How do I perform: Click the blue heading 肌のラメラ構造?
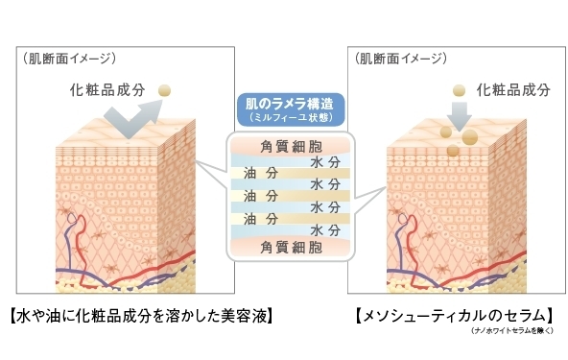point(283,104)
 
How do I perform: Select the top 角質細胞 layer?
point(284,146)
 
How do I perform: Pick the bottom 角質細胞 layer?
point(284,246)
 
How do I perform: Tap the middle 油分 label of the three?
point(259,195)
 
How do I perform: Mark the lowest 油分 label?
point(259,218)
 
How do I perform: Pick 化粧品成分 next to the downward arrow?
point(516,89)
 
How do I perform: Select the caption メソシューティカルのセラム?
point(454,313)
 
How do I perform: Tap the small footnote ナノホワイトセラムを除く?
point(513,331)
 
